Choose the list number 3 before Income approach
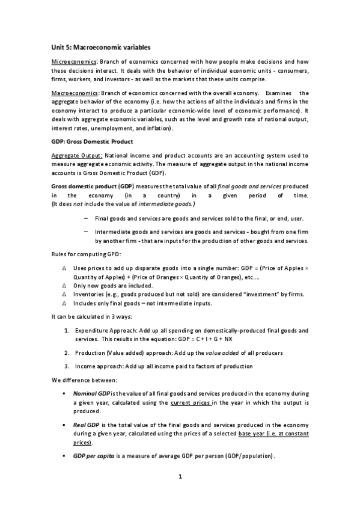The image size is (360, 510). [x=66, y=366]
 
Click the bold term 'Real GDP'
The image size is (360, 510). [x=86, y=424]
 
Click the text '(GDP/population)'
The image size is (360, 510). [x=247, y=456]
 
